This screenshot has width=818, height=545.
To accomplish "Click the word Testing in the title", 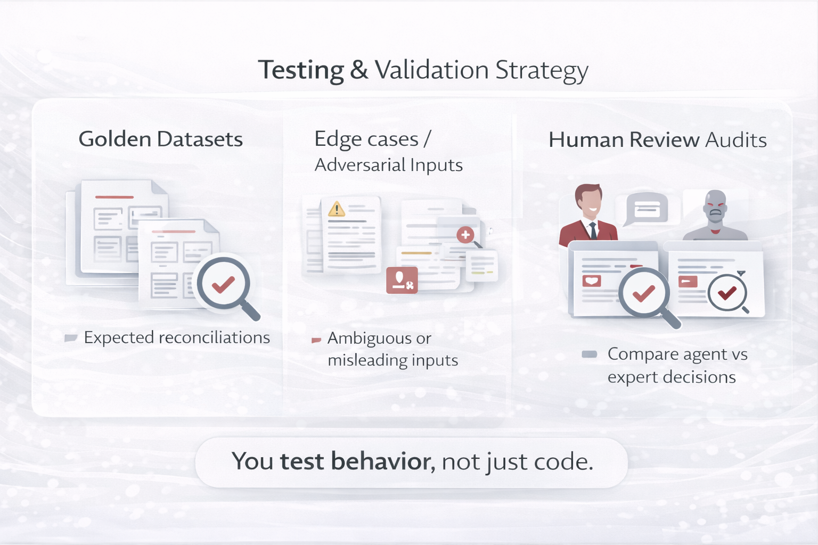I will coord(301,70).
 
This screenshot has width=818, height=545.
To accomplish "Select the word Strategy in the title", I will coord(542,70).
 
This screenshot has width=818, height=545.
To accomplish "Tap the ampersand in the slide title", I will coord(359,70).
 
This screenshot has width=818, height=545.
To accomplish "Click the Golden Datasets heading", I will coord(160,139).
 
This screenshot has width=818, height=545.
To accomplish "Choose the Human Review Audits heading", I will coord(657,140).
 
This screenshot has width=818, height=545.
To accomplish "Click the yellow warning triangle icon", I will coord(337,209).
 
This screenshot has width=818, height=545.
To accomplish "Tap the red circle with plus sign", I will coord(465,234).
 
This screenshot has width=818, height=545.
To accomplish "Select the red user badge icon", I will coord(402,280).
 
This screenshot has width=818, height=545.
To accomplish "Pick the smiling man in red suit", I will coord(588,213).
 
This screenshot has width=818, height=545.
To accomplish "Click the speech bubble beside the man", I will coord(647,209).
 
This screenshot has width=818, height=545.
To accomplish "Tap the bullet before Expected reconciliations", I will coord(71,338).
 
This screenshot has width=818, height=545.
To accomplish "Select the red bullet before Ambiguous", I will coord(316,340).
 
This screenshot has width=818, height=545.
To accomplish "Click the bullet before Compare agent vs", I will coord(589,354).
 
